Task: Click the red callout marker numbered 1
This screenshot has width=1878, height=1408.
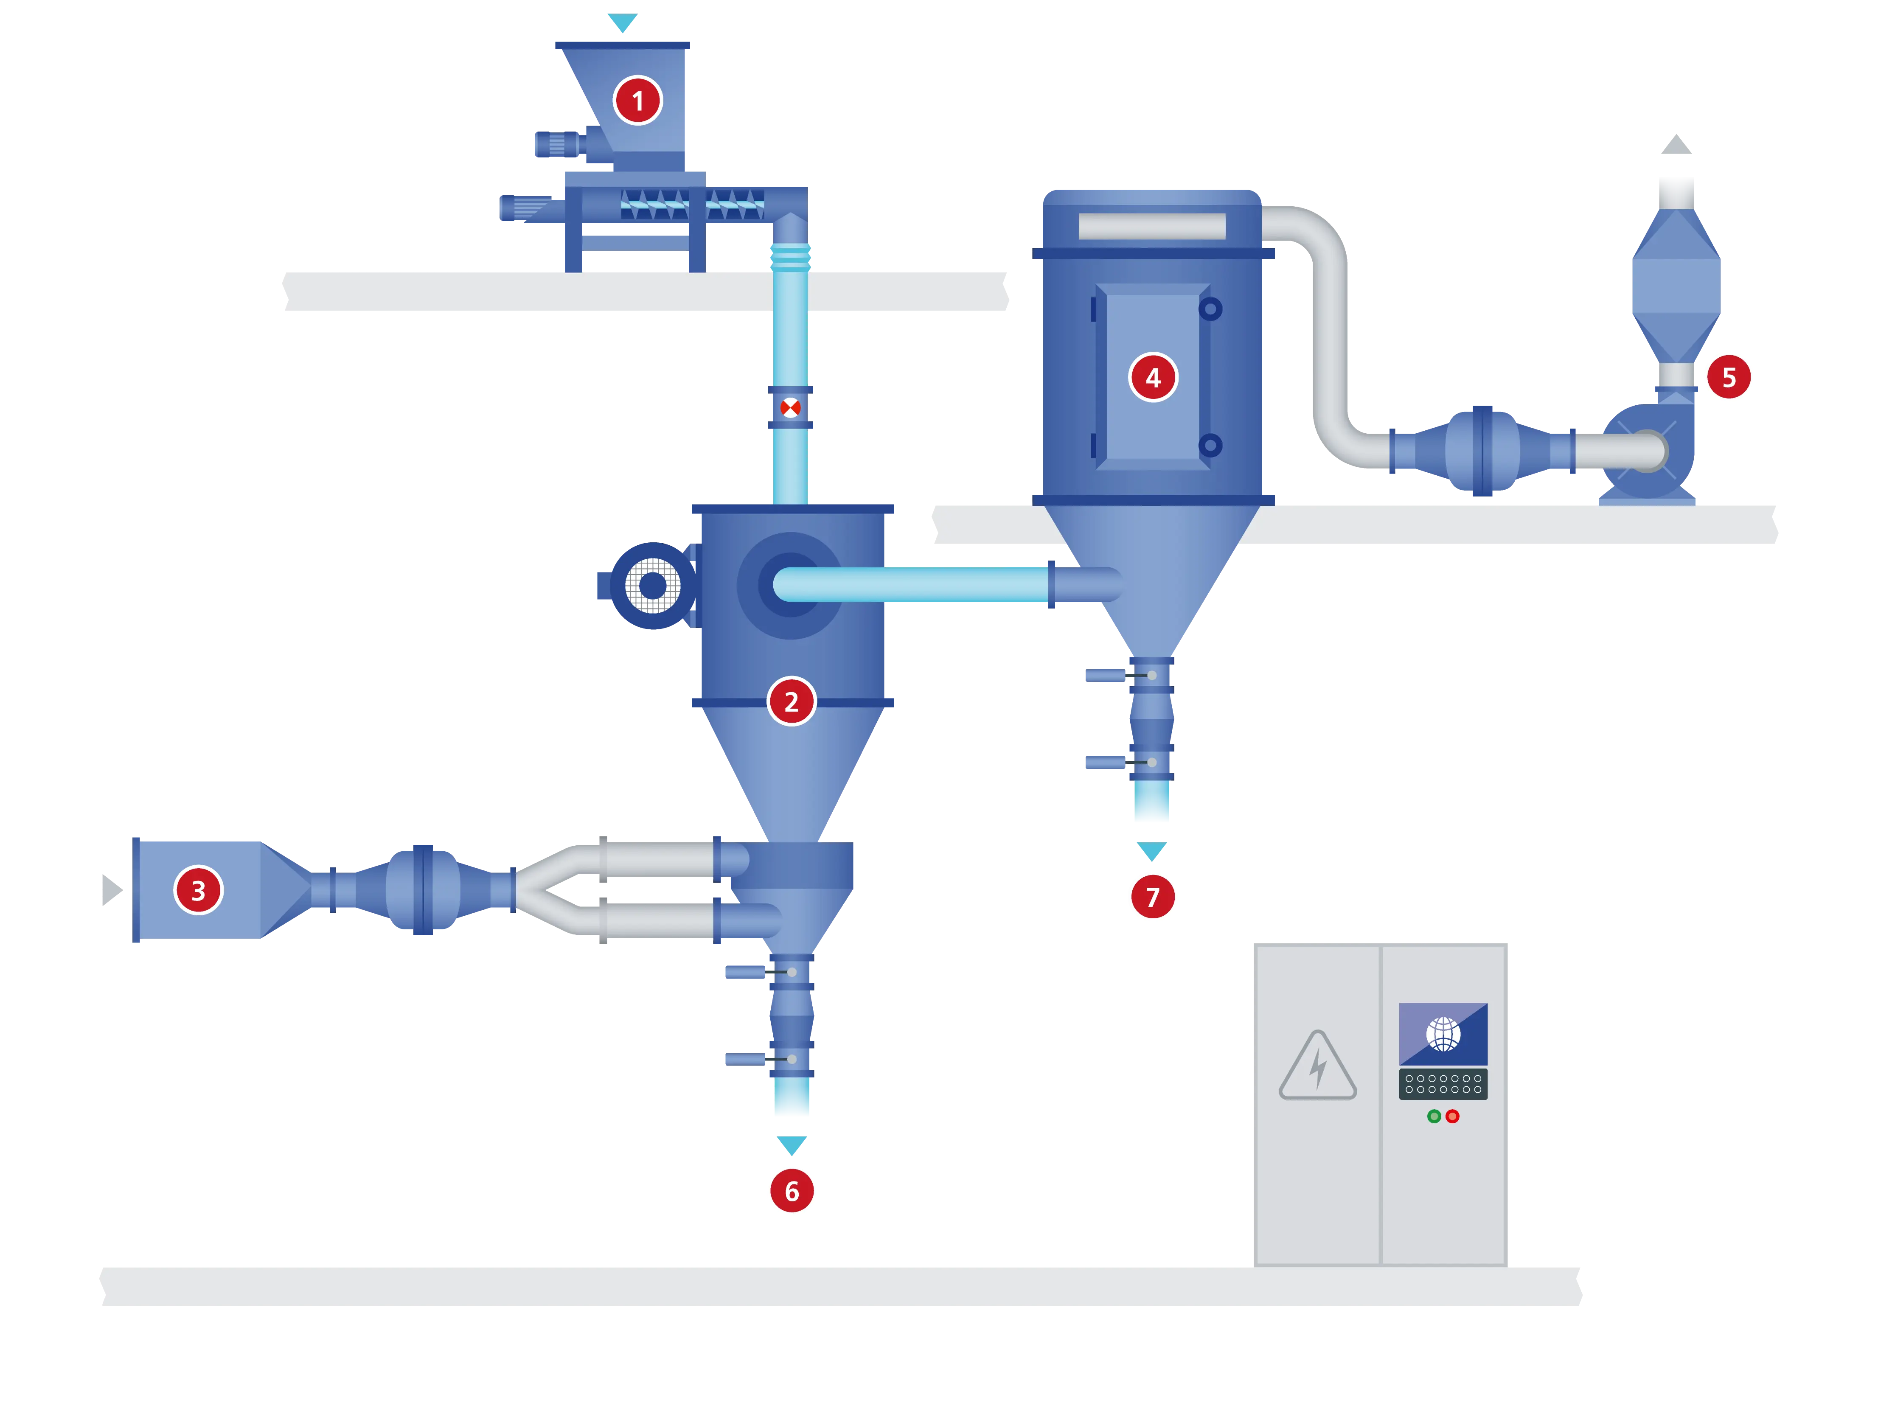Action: point(637,101)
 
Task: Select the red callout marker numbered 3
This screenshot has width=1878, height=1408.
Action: point(198,890)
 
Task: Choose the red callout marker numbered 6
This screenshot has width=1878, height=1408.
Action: point(791,1191)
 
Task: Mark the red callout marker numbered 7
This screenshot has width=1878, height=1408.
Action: point(1152,896)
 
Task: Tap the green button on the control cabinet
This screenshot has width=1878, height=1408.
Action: point(1434,1116)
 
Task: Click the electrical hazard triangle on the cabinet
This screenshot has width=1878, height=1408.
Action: point(1318,1068)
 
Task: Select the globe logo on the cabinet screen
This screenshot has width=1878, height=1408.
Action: point(1443,1034)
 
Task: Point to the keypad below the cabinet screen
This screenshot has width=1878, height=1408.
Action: point(1443,1084)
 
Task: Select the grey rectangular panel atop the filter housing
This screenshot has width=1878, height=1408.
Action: point(1152,226)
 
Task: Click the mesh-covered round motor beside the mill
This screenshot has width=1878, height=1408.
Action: point(652,585)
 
